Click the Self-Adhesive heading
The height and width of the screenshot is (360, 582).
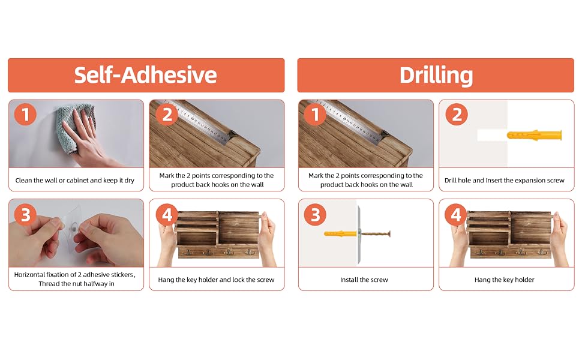click(x=145, y=75)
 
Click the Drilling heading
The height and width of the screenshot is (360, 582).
click(x=436, y=76)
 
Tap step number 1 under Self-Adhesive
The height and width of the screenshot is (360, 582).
click(x=25, y=115)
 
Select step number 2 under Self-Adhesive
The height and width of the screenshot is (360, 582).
click(x=167, y=115)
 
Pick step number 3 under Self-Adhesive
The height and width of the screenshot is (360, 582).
click(x=25, y=215)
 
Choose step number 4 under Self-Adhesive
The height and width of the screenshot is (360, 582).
click(x=167, y=215)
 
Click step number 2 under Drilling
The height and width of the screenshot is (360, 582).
click(x=457, y=115)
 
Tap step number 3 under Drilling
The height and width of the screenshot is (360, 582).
click(x=315, y=215)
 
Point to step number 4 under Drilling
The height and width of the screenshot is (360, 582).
click(x=457, y=215)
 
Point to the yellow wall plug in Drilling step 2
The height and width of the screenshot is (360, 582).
click(x=534, y=135)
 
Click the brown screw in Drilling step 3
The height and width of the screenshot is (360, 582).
click(x=376, y=233)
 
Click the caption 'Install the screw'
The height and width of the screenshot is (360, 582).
click(x=364, y=280)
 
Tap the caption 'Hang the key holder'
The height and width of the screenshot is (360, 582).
click(x=505, y=280)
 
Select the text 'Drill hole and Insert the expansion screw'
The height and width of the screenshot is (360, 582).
click(x=505, y=181)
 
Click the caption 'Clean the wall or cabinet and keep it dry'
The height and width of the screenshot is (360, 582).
click(x=74, y=181)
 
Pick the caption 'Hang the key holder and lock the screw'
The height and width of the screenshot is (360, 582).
click(x=216, y=280)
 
